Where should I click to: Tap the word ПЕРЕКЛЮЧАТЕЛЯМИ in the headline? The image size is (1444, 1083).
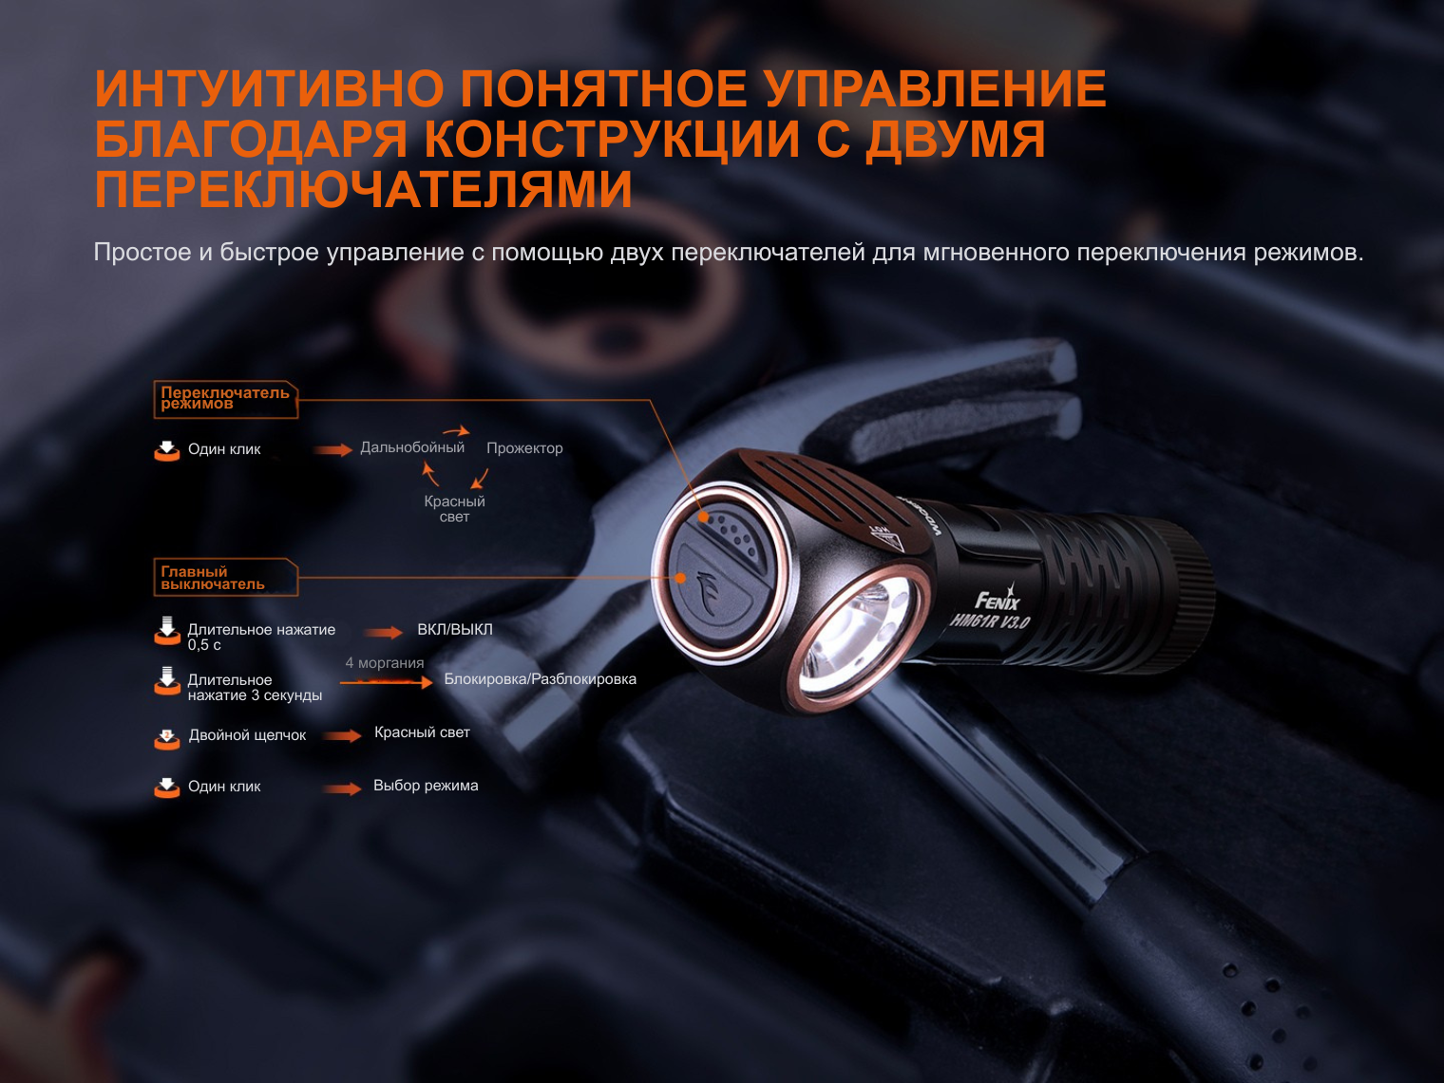pos(363,189)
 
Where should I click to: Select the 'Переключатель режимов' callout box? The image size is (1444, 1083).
pos(226,399)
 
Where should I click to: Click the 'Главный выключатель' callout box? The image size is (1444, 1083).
pos(226,578)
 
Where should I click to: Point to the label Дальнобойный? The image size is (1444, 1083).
pos(412,448)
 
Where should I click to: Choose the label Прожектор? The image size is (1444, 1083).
pos(524,448)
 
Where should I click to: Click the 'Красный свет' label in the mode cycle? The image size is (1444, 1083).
pos(455,509)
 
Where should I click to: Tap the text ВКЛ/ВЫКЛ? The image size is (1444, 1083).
pos(455,629)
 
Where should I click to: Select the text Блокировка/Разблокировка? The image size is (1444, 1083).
pos(541,679)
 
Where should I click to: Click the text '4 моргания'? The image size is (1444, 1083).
pos(385,663)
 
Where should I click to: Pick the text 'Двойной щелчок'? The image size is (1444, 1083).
pos(247,735)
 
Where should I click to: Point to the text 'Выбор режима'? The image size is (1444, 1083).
pos(426,785)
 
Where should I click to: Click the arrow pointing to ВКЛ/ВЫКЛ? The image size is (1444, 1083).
pos(384,633)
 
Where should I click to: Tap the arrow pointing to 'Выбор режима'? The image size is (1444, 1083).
pos(342,788)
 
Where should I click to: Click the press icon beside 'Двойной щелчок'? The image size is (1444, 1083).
pos(167,738)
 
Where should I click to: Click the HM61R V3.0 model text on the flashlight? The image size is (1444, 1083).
pos(989,620)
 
